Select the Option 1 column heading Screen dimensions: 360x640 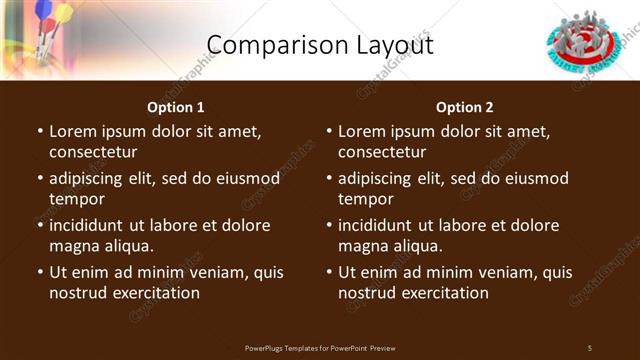pos(176,107)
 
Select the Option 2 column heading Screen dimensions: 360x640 pos(465,107)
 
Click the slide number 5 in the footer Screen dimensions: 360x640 pos(589,348)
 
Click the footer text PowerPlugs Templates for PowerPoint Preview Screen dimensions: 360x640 pos(320,348)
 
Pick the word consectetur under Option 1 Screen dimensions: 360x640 pos(93,152)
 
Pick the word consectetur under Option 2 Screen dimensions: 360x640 pos(382,152)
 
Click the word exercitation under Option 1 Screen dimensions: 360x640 pos(156,293)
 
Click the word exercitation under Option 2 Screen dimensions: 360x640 pos(445,293)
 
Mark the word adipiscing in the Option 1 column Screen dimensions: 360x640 pos(88,179)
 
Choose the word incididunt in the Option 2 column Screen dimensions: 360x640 pos(379,226)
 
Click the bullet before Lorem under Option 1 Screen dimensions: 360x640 pos(40,132)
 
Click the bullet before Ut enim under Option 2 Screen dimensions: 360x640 pos(329,273)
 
